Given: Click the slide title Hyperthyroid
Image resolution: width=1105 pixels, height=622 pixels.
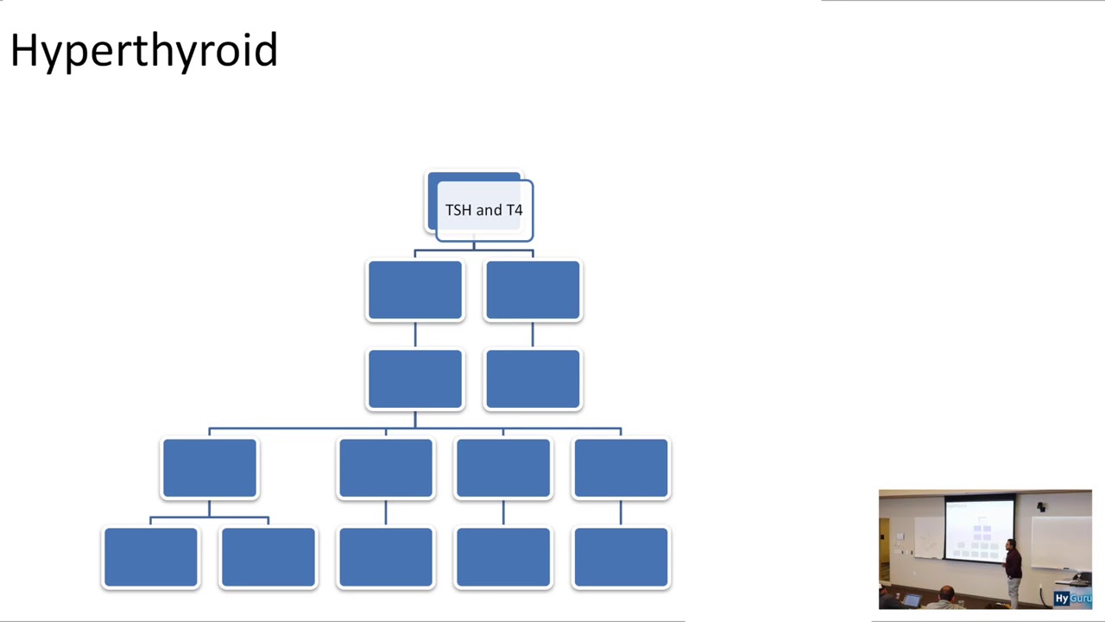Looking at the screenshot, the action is point(144,50).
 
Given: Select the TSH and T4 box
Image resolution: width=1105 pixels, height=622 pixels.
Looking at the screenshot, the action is point(484,211).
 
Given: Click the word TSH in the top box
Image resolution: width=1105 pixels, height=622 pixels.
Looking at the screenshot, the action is point(458,210).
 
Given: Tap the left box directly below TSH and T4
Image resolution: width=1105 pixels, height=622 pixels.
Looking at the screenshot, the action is point(415,290).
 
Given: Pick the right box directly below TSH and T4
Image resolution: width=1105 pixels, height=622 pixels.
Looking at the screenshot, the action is point(533,290).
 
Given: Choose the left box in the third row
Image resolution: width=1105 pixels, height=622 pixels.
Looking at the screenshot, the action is point(415,379).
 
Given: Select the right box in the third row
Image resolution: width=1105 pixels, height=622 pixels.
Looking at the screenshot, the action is point(533,379).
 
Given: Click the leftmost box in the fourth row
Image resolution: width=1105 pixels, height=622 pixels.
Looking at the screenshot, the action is point(210,468).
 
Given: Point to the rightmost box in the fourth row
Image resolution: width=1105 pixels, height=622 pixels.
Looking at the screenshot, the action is point(621,468).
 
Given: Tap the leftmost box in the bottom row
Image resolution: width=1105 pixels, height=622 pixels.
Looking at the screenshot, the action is point(151,557).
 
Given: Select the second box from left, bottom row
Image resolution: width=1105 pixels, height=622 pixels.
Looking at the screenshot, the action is point(268,557).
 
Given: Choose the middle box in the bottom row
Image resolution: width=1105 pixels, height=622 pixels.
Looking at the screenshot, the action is point(386,557).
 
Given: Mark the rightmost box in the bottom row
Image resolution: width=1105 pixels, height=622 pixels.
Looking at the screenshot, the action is point(621,557).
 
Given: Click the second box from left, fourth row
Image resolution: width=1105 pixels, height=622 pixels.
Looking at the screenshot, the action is point(386,468).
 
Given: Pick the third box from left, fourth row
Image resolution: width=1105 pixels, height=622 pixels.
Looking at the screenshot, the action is point(503,468).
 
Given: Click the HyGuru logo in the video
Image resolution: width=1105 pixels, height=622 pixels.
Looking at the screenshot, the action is point(1072,599).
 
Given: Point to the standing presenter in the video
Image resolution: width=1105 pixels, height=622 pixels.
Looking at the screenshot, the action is point(1013,573).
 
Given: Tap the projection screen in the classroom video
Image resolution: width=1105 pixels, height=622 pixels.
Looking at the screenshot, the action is point(980,530).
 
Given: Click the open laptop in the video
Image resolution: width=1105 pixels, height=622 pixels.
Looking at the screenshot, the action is point(911,600).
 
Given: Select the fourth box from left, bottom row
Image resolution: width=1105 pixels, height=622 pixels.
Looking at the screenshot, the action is point(503,557).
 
